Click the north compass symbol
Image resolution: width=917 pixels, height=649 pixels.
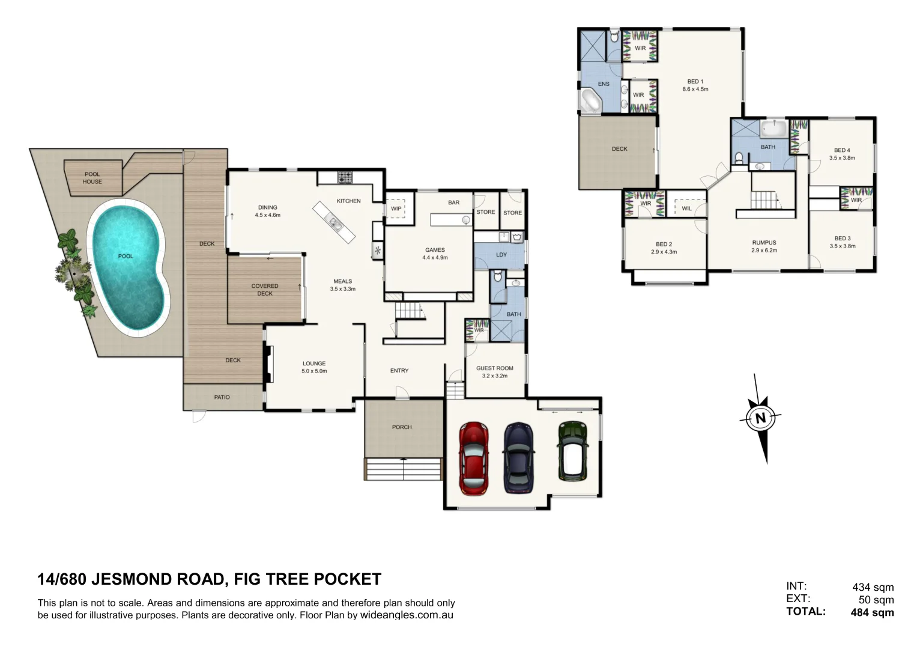[x=760, y=418]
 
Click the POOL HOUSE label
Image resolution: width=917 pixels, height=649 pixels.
[x=92, y=178]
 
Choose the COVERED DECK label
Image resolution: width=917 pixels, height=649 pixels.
[x=265, y=290]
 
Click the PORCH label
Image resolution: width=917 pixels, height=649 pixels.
[x=402, y=427]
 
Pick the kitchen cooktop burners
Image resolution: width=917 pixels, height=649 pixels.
[x=345, y=177]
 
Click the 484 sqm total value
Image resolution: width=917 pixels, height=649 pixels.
[x=872, y=613]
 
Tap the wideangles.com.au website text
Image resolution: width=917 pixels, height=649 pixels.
[x=407, y=615]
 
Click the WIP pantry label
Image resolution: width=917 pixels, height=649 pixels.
[x=396, y=209]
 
